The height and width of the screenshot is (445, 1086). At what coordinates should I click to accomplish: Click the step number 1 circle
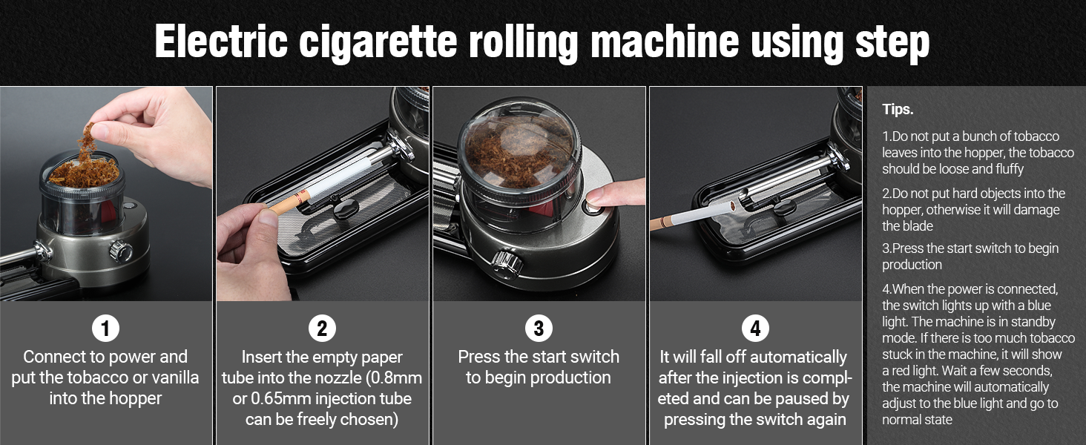105,328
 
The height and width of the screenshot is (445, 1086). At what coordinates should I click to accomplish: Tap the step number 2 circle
322,328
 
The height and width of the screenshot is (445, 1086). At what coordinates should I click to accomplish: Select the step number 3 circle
539,328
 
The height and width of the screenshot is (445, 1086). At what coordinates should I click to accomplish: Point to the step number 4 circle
755,328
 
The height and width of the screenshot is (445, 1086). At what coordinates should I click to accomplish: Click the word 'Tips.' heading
898,110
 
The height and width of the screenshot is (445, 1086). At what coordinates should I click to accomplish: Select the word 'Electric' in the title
221,43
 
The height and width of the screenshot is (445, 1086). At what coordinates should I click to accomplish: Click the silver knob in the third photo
507,262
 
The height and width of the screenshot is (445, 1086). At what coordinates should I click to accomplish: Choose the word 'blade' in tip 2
898,226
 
